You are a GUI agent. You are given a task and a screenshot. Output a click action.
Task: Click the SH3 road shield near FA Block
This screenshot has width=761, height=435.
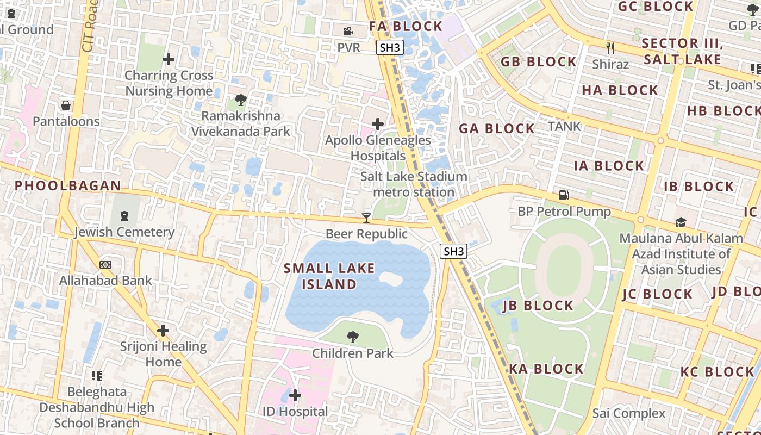390,47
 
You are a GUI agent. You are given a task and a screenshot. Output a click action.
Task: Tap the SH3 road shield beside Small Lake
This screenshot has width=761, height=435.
453,251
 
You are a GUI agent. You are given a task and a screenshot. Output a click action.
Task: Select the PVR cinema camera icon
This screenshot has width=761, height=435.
348,32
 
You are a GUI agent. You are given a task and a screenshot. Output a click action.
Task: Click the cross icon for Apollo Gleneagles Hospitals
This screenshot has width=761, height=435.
377,124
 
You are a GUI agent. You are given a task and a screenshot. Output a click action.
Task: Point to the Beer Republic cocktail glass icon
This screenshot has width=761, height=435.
366,218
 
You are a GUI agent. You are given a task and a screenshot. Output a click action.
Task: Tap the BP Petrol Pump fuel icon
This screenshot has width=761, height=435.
564,195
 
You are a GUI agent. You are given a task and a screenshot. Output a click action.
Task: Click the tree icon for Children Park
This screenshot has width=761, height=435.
352,337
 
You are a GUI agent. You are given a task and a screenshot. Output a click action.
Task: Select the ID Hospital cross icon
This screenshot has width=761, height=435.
295,395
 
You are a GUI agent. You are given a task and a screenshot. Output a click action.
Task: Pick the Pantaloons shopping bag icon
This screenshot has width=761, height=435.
66,105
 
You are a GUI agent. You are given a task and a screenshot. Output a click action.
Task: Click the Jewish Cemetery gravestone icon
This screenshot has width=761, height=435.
124,216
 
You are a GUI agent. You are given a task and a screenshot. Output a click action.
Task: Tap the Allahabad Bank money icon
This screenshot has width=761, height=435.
105,265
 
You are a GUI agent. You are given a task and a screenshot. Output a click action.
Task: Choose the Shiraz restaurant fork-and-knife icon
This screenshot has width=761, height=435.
610,48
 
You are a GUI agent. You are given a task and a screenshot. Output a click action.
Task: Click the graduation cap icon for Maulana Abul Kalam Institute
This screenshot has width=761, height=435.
681,222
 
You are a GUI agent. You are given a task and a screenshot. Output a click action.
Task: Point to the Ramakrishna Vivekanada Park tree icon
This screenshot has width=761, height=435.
240,100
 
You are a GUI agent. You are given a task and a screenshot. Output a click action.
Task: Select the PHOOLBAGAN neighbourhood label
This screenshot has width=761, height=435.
68,185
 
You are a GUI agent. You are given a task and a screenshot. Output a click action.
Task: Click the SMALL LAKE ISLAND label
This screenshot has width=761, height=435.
329,276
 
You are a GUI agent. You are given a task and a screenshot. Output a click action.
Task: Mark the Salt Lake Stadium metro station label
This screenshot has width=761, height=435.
414,184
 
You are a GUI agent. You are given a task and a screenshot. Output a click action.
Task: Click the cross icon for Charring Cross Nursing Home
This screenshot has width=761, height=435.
169,59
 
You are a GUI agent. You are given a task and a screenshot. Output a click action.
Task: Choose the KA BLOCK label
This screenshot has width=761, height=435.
546,369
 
